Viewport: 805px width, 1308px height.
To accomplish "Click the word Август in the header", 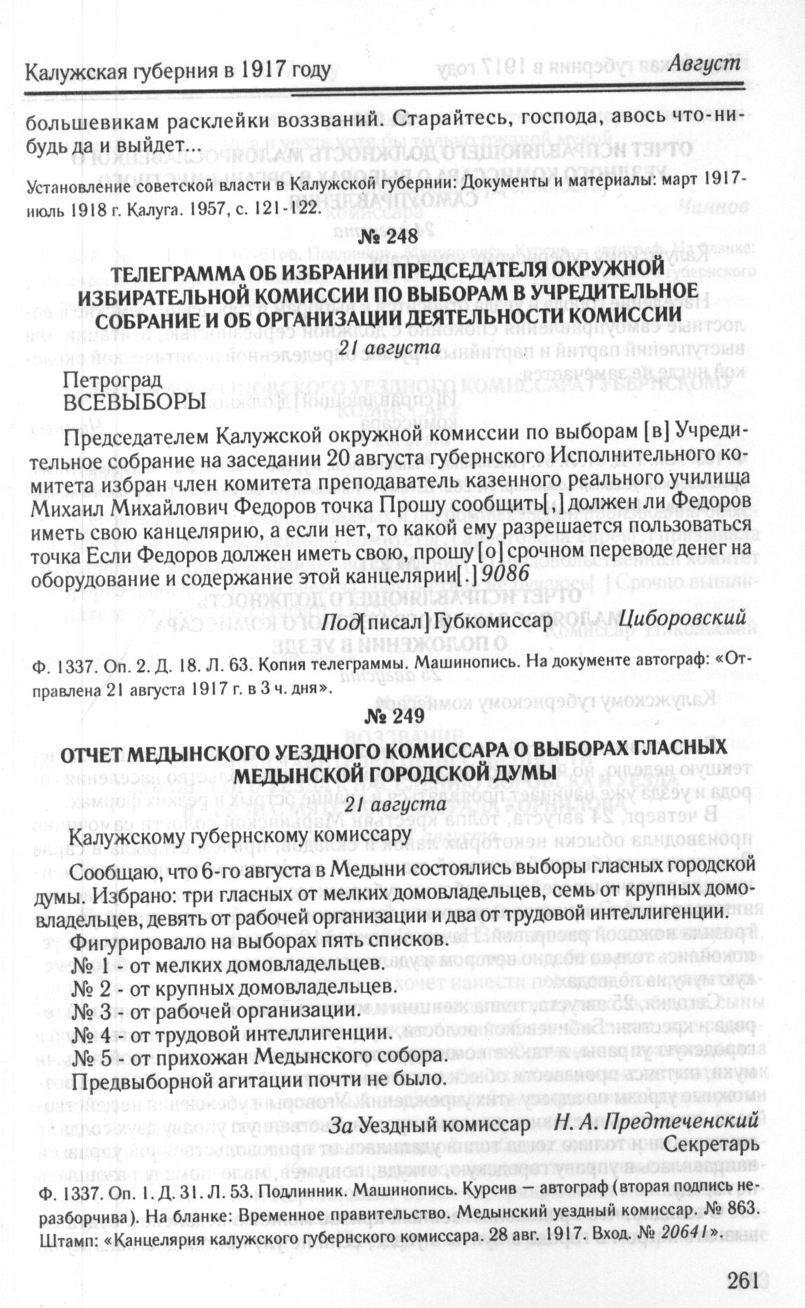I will tap(704, 63).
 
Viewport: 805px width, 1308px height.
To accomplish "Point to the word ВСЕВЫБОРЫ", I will tap(135, 401).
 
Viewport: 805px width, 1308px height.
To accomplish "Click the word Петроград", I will tap(113, 380).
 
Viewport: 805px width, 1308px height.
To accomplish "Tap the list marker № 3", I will tap(91, 1011).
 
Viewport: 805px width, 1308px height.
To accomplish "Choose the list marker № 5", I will tap(91, 1056).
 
